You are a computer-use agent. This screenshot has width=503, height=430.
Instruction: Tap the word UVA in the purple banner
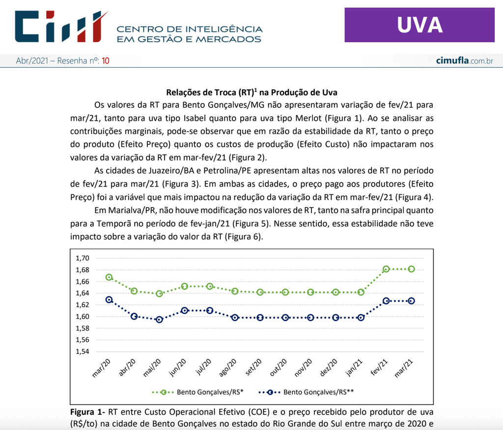(419, 25)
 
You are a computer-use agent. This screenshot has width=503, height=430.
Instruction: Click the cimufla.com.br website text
(464, 61)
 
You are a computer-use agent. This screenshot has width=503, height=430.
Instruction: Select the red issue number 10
(106, 61)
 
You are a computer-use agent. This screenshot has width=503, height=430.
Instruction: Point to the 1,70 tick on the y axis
(82, 258)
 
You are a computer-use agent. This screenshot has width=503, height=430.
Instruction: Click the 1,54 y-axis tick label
(82, 351)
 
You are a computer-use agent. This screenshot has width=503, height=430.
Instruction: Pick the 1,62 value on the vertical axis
(82, 305)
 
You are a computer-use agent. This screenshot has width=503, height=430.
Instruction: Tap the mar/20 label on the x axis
(101, 368)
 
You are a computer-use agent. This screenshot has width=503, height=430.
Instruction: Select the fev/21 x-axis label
(379, 368)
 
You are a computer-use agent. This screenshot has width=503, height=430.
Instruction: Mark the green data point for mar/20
(109, 277)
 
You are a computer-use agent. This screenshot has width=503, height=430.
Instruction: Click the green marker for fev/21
(386, 269)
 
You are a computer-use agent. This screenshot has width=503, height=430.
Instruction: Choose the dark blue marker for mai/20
(159, 320)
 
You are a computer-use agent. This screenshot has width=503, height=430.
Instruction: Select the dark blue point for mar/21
(411, 301)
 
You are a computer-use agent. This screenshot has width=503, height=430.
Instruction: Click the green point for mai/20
(159, 294)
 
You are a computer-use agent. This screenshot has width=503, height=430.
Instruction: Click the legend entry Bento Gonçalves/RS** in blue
(319, 392)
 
